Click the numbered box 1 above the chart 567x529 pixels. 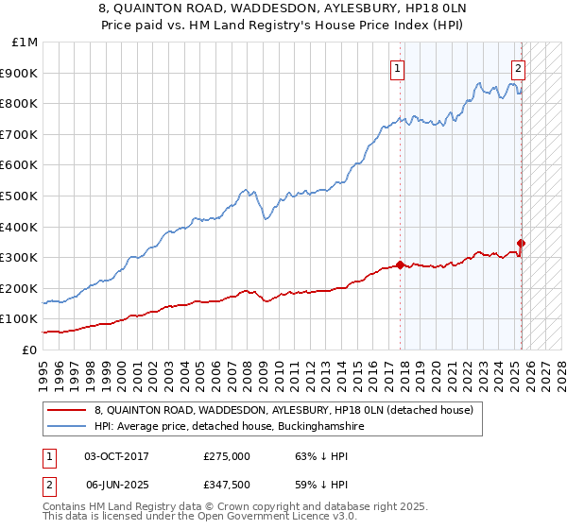click(x=398, y=68)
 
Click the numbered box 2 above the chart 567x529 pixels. click(x=519, y=68)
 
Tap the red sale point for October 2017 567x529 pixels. click(x=400, y=264)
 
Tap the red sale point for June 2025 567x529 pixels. click(x=521, y=243)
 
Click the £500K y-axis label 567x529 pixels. click(x=22, y=196)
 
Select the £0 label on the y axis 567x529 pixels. click(x=29, y=350)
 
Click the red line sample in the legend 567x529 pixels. click(x=67, y=410)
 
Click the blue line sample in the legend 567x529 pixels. click(x=67, y=427)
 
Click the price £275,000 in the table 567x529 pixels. click(x=226, y=456)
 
